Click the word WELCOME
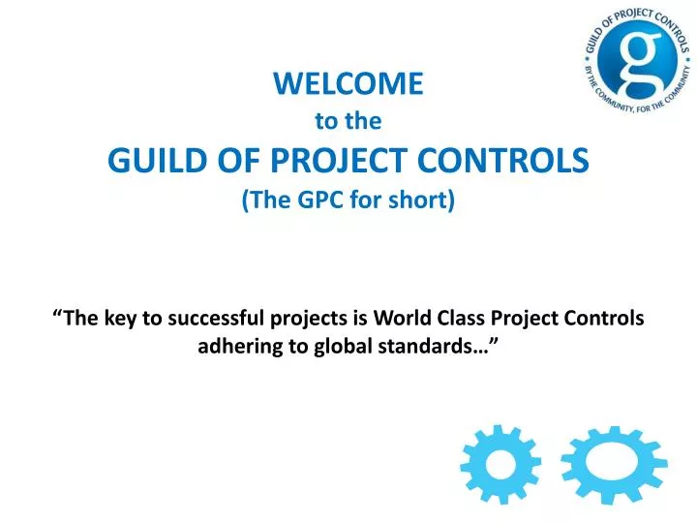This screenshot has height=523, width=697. (348, 84)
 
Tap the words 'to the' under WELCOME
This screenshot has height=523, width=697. (348, 121)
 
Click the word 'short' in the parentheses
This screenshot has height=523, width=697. (418, 200)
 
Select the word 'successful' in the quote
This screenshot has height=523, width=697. (214, 320)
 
